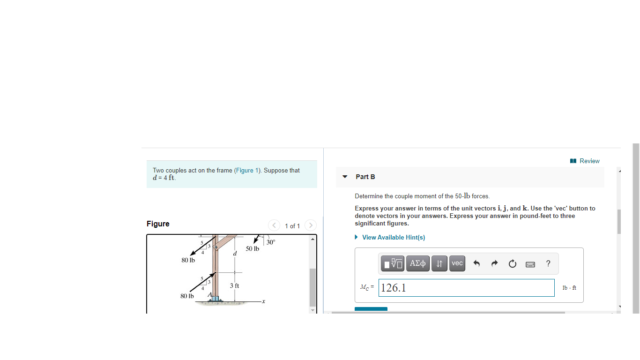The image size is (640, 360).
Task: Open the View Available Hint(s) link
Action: tap(393, 237)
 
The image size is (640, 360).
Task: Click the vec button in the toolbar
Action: tap(457, 263)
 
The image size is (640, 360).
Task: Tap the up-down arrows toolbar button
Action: tap(439, 263)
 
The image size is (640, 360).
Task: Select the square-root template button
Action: tap(393, 263)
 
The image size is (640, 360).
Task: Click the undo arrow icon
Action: tap(476, 263)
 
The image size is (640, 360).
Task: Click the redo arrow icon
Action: tap(494, 263)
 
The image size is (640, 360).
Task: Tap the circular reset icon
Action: tap(512, 263)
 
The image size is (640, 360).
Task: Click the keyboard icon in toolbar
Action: tap(530, 264)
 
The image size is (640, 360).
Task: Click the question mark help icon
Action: tap(548, 263)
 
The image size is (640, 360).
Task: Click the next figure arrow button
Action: tap(310, 225)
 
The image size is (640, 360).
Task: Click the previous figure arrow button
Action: tap(274, 225)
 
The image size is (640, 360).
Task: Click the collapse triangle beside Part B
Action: tap(345, 177)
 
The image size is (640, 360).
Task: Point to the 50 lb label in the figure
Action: tap(252, 248)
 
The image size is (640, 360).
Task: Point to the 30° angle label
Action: tap(271, 242)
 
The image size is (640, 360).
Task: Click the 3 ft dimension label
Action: tap(235, 285)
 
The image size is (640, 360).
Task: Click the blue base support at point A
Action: tap(215, 298)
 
